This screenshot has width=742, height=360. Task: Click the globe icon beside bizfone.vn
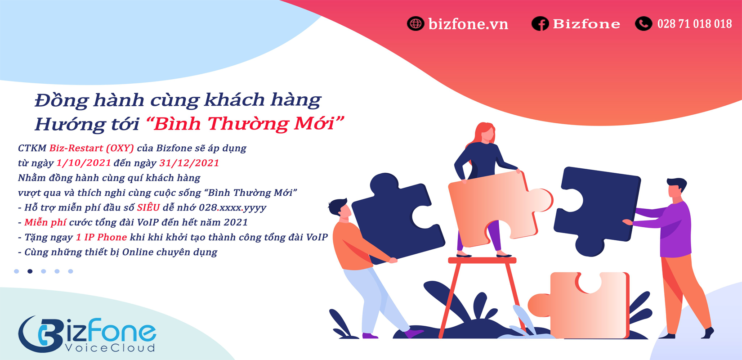(x=416, y=23)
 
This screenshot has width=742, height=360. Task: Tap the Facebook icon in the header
(x=540, y=23)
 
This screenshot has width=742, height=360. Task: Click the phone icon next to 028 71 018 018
(x=643, y=23)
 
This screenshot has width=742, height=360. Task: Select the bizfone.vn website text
(x=468, y=24)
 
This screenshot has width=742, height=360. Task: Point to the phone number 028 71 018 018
(x=694, y=24)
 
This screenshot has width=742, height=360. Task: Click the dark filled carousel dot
(x=30, y=271)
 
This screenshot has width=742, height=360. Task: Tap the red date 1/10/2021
(x=84, y=163)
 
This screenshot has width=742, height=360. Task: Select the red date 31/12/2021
(x=189, y=163)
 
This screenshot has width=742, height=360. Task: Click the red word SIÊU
(x=148, y=207)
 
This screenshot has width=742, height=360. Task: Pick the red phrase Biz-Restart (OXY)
(x=92, y=148)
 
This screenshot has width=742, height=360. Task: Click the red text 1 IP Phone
(x=101, y=237)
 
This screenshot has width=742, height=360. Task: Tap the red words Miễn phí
(x=45, y=222)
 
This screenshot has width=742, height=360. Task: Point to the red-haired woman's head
(x=485, y=133)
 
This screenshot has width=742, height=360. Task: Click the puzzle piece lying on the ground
(x=578, y=305)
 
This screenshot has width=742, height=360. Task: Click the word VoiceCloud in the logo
(x=110, y=348)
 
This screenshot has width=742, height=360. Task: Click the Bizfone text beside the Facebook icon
(x=586, y=24)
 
